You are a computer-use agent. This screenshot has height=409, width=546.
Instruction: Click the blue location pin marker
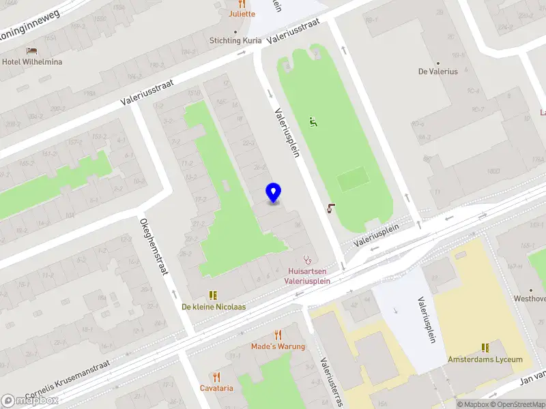click(x=274, y=193)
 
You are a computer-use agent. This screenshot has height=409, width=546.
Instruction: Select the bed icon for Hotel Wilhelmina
click(x=31, y=51)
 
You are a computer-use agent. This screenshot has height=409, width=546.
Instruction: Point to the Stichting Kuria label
click(x=235, y=40)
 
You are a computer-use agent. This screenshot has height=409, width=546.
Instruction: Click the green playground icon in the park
click(x=313, y=123)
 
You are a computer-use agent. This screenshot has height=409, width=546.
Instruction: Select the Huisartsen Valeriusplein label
click(x=307, y=275)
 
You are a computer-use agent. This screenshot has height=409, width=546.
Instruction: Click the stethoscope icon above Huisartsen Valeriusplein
click(x=307, y=260)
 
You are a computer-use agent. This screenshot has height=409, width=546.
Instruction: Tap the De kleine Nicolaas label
click(x=213, y=307)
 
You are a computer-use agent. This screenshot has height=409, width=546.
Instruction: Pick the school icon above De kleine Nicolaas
click(x=213, y=295)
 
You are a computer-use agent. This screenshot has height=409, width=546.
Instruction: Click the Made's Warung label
click(x=277, y=346)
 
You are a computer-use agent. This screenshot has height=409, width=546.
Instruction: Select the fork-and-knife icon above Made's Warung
click(x=277, y=334)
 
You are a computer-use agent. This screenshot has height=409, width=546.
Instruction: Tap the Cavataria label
click(x=216, y=388)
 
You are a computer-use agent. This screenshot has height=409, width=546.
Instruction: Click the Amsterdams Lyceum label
click(x=485, y=359)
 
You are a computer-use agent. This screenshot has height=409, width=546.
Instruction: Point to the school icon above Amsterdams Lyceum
click(x=485, y=347)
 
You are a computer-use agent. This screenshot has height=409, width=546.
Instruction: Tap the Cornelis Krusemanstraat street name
click(x=68, y=386)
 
